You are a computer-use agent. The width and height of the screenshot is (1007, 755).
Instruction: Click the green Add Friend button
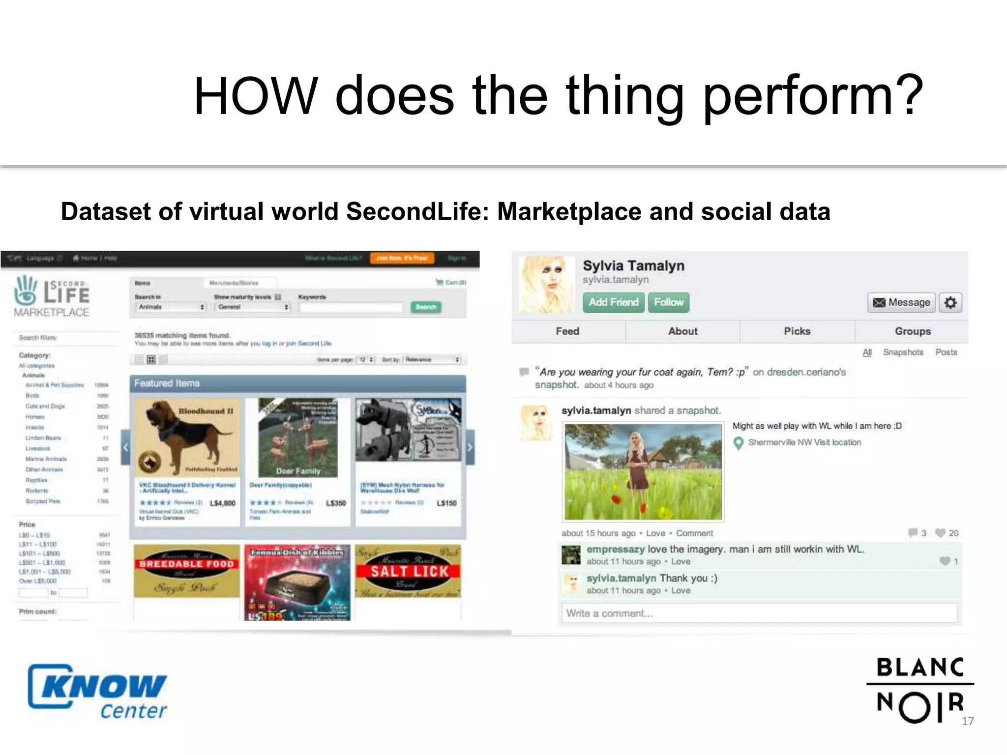click(x=614, y=302)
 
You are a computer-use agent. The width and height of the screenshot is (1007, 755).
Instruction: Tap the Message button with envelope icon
click(x=901, y=302)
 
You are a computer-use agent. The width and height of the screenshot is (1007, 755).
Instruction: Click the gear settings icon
click(x=950, y=302)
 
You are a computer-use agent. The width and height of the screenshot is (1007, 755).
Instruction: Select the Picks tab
click(x=797, y=331)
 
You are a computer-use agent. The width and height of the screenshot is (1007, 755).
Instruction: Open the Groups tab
click(x=913, y=331)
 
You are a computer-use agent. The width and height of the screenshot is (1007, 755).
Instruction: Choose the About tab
click(x=682, y=331)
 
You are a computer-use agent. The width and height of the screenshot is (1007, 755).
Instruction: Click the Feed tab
click(x=567, y=331)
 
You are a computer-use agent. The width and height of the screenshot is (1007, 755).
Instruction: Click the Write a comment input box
click(x=759, y=613)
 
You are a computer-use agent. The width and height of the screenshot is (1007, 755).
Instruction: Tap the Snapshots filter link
click(x=903, y=352)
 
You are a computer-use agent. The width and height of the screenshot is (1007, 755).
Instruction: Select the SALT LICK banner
click(x=408, y=571)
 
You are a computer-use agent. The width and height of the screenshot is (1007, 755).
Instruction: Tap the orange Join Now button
click(x=402, y=258)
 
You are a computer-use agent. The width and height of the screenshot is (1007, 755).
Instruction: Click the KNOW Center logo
click(x=98, y=692)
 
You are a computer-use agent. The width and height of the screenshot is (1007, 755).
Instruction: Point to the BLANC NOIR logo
click(x=919, y=690)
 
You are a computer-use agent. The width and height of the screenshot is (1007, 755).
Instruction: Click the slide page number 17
click(x=968, y=721)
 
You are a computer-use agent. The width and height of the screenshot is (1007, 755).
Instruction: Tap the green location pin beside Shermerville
click(x=738, y=443)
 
